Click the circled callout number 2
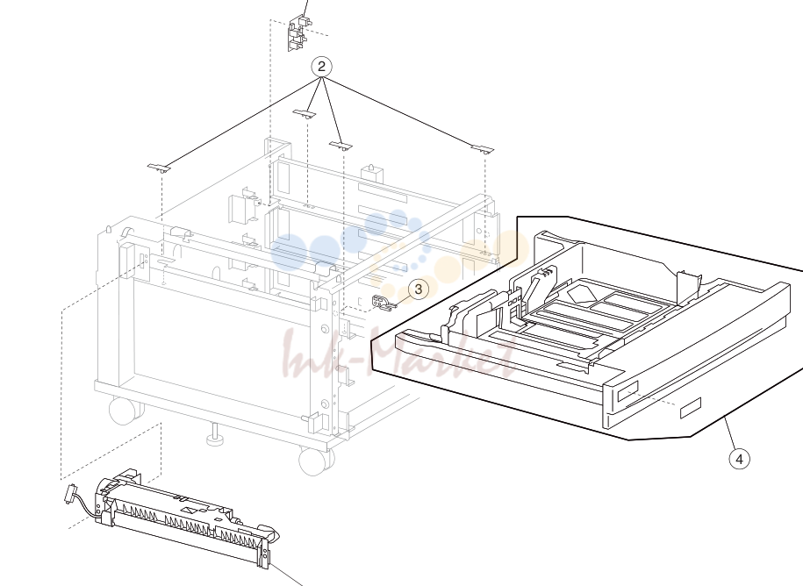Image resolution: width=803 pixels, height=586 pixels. tap(321, 67)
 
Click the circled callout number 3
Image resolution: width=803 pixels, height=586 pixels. tap(419, 289)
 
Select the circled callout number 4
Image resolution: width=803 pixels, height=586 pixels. tap(739, 459)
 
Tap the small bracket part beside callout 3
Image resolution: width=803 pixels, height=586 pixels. tap(384, 303)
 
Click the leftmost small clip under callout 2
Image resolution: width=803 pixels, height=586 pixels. tap(159, 168)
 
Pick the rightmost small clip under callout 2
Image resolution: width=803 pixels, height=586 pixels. tap(483, 149)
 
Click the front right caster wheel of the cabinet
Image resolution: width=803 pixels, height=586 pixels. tap(315, 461)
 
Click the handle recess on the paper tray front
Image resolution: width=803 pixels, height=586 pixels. tap(627, 391)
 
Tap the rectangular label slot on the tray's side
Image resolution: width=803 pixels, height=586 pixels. tap(690, 407)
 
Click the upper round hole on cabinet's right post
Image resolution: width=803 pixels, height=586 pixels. tap(325, 328)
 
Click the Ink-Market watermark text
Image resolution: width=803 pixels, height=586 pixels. tap(400, 355)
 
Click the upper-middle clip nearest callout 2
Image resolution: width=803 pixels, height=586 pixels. tap(305, 113)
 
